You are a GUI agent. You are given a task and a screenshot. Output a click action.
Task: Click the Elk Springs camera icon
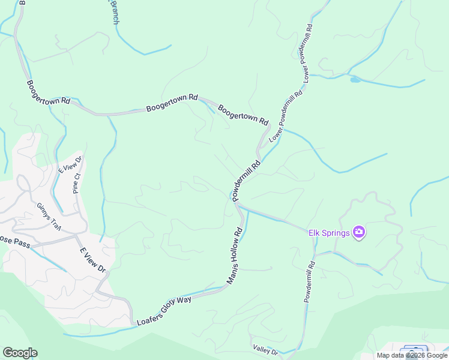(359, 232)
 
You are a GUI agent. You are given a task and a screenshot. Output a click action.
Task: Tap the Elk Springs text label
(329, 233)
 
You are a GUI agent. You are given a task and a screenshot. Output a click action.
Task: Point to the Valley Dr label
(265, 349)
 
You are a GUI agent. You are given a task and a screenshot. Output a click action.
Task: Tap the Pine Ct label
(76, 182)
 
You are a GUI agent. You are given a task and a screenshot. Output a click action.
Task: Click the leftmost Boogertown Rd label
(49, 93)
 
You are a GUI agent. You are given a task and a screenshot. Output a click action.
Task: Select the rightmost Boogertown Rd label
(243, 115)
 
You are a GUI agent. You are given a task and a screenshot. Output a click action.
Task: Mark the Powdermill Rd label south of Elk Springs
(309, 281)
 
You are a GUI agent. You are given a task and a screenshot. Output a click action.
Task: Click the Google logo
(20, 353)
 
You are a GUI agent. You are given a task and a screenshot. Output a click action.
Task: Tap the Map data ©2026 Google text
(411, 355)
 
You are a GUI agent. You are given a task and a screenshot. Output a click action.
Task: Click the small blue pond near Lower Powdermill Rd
(355, 79)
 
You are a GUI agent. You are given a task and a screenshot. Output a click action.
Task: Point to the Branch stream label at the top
(114, 12)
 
